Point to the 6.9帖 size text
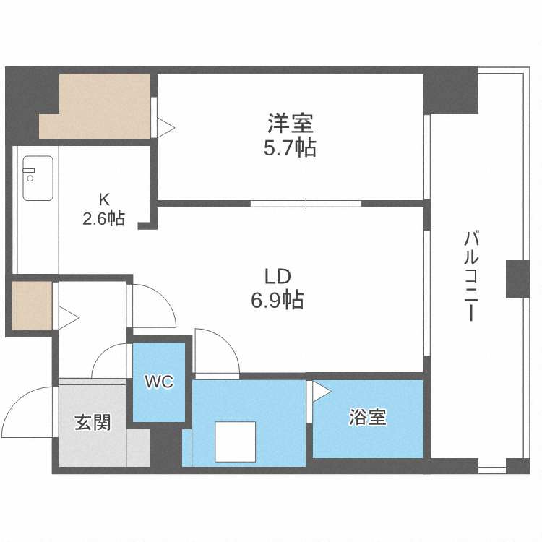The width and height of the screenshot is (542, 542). [x=277, y=299]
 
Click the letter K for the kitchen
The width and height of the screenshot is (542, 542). [x=103, y=198]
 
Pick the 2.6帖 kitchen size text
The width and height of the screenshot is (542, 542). [x=103, y=218]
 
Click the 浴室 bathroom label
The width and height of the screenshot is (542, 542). [x=368, y=417]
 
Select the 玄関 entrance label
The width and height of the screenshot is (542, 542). [x=93, y=422]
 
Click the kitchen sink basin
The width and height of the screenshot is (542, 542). [x=38, y=178]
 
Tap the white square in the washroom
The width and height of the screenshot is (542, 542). [x=235, y=442]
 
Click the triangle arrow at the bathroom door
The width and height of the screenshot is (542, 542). [x=321, y=392]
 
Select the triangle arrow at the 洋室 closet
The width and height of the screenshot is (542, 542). [x=166, y=127]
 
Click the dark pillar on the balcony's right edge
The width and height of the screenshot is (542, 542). [x=517, y=279]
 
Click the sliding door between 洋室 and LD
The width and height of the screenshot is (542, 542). [x=305, y=203]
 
